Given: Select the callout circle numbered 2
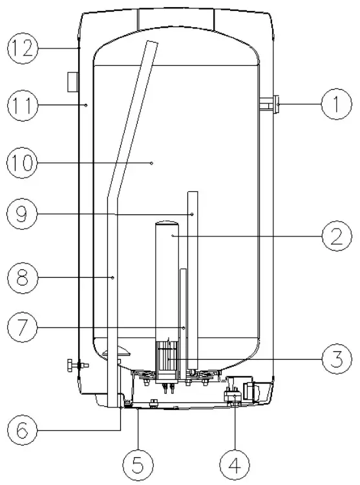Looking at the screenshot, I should tap(336, 238).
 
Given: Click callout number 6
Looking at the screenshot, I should tap(22, 429).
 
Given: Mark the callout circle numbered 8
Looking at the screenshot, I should tap(22, 278).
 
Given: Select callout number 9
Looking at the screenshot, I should tap(22, 214).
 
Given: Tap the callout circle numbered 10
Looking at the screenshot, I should tap(22, 164).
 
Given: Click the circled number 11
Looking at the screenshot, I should tap(22, 103).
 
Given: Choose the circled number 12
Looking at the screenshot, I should tap(22, 48).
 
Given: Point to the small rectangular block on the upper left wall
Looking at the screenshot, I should tap(72, 81).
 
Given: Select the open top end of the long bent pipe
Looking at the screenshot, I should tap(151, 44).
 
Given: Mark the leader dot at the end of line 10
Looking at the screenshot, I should tap(151, 164).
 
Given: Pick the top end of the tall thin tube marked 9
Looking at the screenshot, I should tap(192, 193).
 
